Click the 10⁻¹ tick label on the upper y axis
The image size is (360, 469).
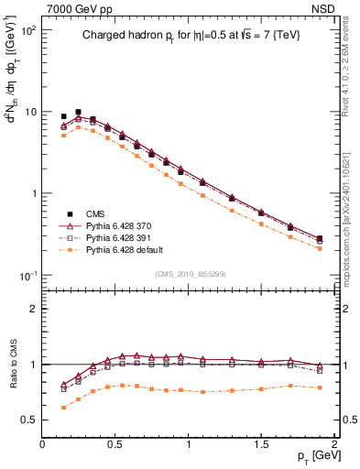(x=28, y=276)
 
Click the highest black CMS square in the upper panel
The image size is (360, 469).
(x=78, y=112)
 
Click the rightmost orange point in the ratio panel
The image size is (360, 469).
(x=320, y=387)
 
